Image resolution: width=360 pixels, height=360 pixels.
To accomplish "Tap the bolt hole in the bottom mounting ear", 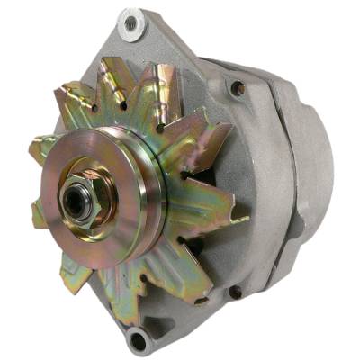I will (x=138, y=340).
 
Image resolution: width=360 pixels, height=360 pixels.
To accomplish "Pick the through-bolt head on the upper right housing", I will (x=238, y=88).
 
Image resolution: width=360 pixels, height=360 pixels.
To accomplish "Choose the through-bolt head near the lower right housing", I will (x=235, y=292).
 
